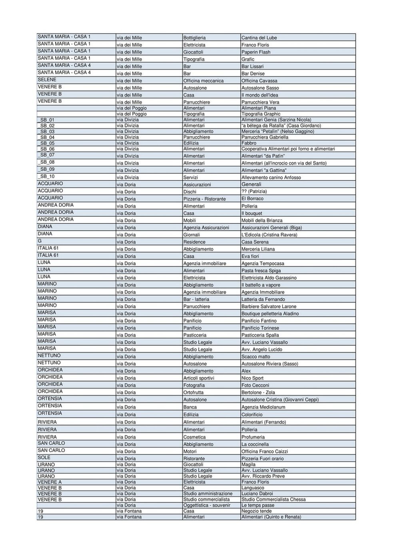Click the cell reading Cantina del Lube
click(x=259, y=38)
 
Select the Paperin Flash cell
click(x=256, y=52)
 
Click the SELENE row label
click(x=47, y=80)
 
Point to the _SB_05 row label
click(x=46, y=143)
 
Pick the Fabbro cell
click(x=249, y=143)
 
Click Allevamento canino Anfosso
click(x=271, y=177)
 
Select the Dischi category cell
click(x=190, y=192)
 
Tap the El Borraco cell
click(x=252, y=199)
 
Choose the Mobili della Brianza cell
click(x=262, y=221)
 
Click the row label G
click(x=40, y=241)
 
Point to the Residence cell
click(x=194, y=242)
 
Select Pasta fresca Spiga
click(x=261, y=271)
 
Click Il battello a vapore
click(x=261, y=285)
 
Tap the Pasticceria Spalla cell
click(x=260, y=335)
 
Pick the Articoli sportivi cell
click(x=199, y=378)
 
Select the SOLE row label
click(x=44, y=458)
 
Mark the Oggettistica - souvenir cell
click(x=207, y=505)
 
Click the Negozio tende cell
click(x=256, y=511)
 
